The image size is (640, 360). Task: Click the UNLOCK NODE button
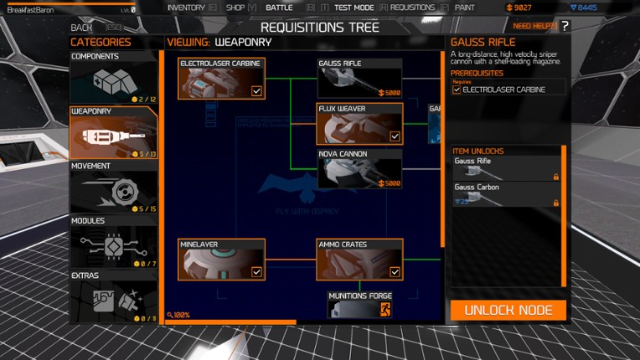point(508,310)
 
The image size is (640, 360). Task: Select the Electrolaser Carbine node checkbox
point(256,91)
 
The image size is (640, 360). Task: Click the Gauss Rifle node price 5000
point(390,93)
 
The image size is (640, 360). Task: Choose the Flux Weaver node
point(359,123)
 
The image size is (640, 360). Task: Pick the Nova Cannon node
point(359,169)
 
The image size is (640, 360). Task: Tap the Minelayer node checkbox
point(256,271)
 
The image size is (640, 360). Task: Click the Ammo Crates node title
point(343,244)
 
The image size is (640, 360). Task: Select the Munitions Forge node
point(359,305)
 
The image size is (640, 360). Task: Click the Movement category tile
point(113,187)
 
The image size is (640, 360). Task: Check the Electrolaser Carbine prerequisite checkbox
point(457,90)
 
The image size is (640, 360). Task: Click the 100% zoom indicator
point(178,315)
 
